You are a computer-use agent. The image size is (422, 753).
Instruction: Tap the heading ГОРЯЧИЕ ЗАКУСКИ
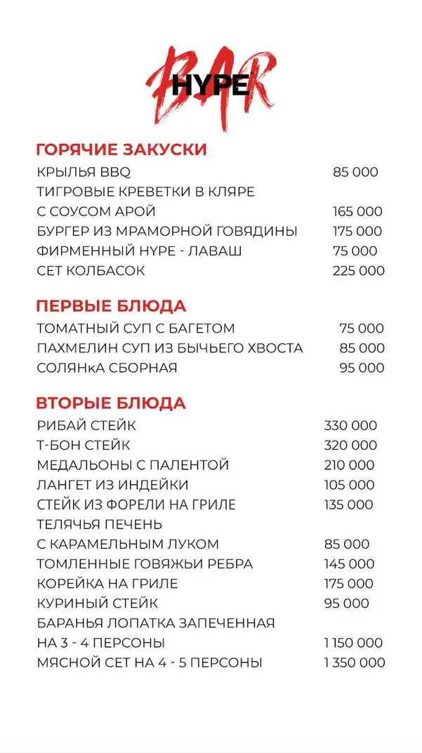pyautogui.click(x=121, y=149)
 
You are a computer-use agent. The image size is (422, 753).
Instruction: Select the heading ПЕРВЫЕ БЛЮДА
pyautogui.click(x=111, y=306)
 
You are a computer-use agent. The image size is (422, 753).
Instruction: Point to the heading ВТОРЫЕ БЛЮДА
pyautogui.click(x=111, y=404)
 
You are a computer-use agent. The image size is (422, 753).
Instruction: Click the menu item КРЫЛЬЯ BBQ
pyautogui.click(x=84, y=172)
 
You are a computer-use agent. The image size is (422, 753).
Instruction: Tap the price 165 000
pyautogui.click(x=357, y=211)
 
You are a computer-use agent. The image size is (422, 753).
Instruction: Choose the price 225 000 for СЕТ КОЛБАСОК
pyautogui.click(x=358, y=270)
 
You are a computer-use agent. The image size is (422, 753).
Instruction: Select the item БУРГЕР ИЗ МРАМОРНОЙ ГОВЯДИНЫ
pyautogui.click(x=166, y=231)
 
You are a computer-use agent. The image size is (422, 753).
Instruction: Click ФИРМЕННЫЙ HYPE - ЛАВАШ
pyautogui.click(x=139, y=251)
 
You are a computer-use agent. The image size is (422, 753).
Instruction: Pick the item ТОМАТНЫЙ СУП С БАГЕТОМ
pyautogui.click(x=136, y=328)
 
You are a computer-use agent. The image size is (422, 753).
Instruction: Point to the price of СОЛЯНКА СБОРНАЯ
pyautogui.click(x=362, y=368)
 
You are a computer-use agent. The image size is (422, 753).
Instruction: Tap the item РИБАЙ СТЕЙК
pyautogui.click(x=86, y=426)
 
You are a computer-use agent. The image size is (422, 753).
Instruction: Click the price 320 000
pyautogui.click(x=350, y=446)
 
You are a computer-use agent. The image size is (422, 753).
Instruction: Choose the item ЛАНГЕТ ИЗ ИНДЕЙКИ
pyautogui.click(x=112, y=485)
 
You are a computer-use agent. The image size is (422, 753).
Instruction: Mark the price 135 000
pyautogui.click(x=348, y=505)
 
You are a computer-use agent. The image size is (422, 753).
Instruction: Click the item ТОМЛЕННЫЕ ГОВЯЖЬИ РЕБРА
pyautogui.click(x=145, y=564)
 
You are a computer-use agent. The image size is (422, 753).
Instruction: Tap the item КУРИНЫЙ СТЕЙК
pyautogui.click(x=97, y=603)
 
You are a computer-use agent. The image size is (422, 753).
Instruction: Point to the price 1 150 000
pyautogui.click(x=353, y=643)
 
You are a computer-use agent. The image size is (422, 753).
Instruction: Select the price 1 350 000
pyautogui.click(x=354, y=662)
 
